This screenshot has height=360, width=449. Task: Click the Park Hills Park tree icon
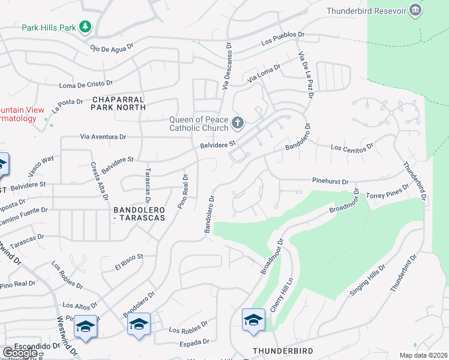86,26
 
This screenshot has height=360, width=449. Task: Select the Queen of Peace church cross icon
238,123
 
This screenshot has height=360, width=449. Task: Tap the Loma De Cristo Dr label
86,84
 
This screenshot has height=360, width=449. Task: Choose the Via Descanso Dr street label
226,66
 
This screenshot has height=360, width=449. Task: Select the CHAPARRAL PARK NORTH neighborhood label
119,103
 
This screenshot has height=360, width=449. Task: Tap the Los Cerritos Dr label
352,147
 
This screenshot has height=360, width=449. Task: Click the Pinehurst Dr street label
330,180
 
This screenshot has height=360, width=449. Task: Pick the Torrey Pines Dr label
388,191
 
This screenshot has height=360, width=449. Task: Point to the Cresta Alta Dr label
100,181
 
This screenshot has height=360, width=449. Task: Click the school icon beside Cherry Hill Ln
253,320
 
